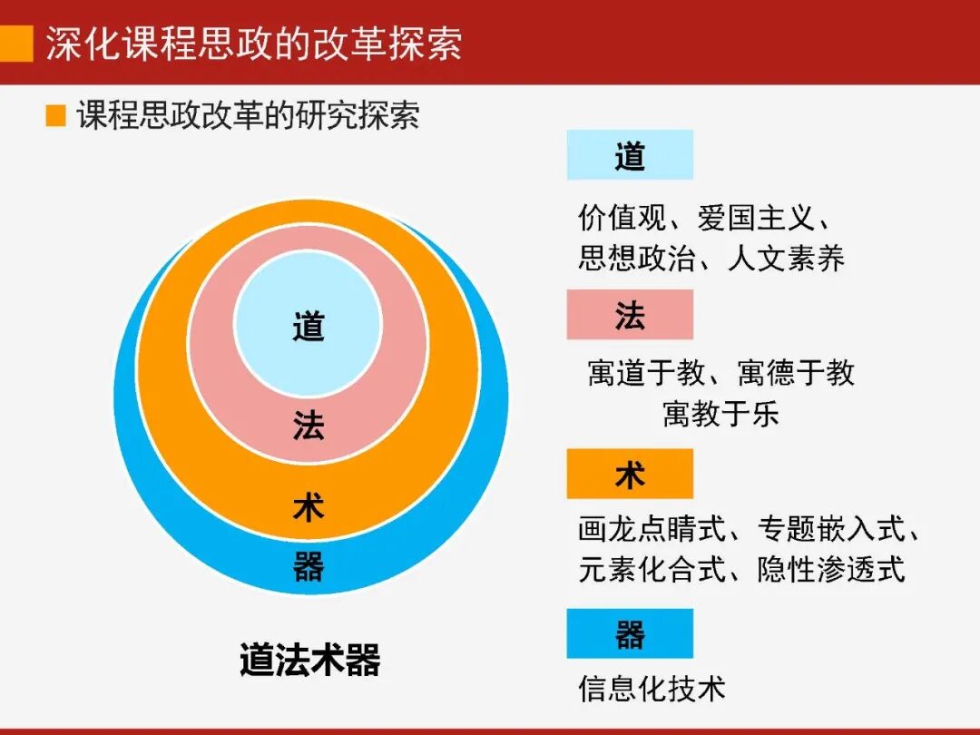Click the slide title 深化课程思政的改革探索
click(x=254, y=44)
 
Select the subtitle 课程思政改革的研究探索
click(x=248, y=116)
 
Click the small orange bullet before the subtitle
click(x=56, y=116)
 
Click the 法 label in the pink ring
click(x=309, y=425)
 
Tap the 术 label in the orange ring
click(x=309, y=506)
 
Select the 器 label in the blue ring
click(x=309, y=567)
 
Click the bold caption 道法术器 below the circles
click(x=309, y=660)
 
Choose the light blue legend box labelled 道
click(x=630, y=155)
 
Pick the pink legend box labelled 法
click(x=630, y=315)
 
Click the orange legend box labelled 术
click(x=630, y=474)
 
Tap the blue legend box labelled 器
click(x=630, y=633)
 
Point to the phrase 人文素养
click(x=786, y=259)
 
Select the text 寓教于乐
click(x=720, y=414)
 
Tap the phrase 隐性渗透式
click(x=831, y=569)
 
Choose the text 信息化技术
click(x=652, y=688)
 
